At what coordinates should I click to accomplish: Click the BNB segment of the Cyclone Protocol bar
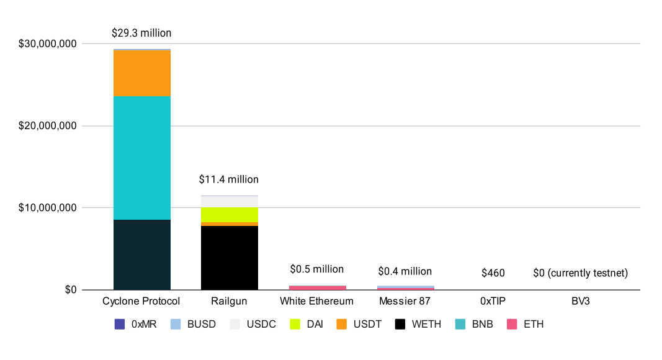pos(141,158)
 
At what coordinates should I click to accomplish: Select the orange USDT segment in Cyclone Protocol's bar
pos(141,73)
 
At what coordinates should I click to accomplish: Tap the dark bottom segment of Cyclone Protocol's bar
pos(141,254)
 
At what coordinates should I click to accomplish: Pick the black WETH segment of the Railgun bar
pos(230,258)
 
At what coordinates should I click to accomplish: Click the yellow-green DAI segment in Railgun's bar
pos(230,215)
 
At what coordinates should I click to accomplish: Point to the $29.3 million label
pos(141,33)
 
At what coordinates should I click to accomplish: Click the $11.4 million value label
pos(229,179)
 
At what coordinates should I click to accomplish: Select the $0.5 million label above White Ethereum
pos(317,269)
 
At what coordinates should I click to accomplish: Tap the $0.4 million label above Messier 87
pos(405,271)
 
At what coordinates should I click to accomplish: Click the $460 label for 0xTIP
pos(493,273)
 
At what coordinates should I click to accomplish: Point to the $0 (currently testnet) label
pos(581,273)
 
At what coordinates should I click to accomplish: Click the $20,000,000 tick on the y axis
pos(47,126)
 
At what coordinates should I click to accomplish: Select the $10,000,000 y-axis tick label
pos(47,208)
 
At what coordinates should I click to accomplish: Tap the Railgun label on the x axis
pos(229,302)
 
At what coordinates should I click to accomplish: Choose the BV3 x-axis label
pos(581,302)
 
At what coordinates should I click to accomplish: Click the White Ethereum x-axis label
pos(317,302)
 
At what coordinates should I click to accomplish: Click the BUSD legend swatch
pos(176,324)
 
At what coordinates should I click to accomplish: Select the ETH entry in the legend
pos(512,324)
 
